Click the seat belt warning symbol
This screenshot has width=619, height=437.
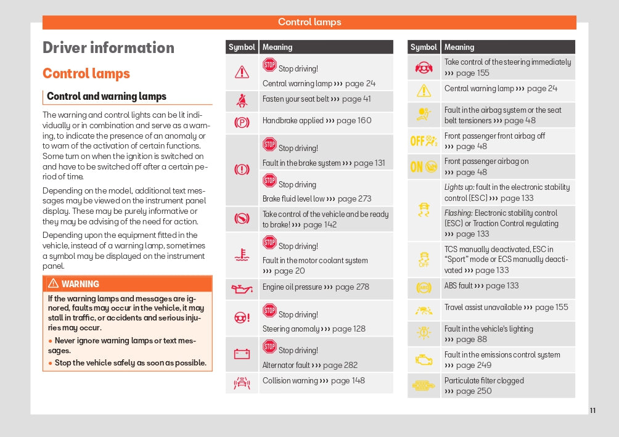242,100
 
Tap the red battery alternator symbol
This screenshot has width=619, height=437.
242,354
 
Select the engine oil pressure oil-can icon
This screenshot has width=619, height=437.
242,288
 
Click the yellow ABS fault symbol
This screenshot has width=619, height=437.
424,287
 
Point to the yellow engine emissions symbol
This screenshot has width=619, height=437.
424,360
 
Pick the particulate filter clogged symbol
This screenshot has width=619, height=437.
424,386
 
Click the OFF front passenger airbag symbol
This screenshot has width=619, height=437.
424,141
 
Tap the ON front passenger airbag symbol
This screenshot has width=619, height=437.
424,166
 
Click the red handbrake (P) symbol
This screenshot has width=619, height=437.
242,121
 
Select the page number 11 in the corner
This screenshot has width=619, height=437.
592,410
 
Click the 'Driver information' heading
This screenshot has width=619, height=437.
109,48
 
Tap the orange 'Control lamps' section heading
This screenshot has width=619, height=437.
86,74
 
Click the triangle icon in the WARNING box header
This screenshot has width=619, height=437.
53,284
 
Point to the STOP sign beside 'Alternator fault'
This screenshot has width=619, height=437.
269,347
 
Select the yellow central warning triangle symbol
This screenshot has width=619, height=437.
424,91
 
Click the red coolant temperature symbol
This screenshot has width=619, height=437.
242,255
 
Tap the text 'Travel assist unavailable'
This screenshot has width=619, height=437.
483,307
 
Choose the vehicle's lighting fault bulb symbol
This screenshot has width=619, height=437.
424,333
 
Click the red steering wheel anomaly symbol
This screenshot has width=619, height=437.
242,317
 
